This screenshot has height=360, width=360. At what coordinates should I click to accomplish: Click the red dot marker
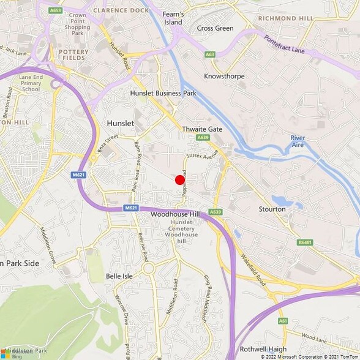180,180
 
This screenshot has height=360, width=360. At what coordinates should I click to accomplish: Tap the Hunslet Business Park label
163,93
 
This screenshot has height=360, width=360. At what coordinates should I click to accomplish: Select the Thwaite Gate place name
202,129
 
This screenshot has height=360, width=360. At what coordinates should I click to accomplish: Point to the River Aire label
298,141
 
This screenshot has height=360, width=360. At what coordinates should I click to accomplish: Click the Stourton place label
272,209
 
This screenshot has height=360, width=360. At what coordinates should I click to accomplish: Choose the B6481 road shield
305,242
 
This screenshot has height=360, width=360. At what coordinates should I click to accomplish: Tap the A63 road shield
210,54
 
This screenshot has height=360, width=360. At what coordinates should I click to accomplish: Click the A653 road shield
55,10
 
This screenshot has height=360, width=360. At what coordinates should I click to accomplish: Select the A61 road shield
282,320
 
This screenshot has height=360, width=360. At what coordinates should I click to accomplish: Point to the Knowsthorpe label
223,77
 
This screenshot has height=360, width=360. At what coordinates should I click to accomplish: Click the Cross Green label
215,28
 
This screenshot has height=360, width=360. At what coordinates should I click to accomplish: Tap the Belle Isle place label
120,276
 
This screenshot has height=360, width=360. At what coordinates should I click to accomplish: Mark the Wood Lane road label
314,336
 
